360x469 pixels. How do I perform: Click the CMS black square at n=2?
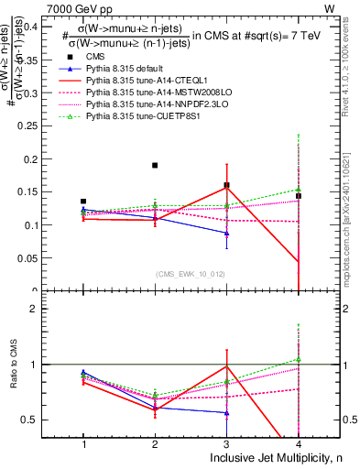tap(155, 166)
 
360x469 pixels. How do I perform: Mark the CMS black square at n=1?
tap(83, 202)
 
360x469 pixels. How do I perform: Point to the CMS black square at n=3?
tap(226, 185)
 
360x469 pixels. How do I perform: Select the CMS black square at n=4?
tap(298, 196)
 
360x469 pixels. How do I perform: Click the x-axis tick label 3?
tap(226, 442)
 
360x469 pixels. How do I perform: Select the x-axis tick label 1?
tap(83, 442)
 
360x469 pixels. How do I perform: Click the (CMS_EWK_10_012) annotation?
tap(191, 274)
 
